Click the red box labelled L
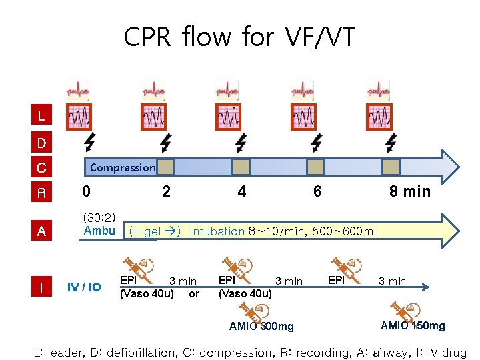click(x=42, y=116)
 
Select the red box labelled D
click(x=42, y=143)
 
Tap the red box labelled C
click(x=42, y=167)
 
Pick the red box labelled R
click(x=42, y=193)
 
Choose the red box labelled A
click(x=42, y=231)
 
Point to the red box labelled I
click(x=42, y=287)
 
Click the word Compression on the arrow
click(x=123, y=167)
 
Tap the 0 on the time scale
click(x=86, y=192)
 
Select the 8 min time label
click(x=410, y=192)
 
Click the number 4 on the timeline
click(x=241, y=192)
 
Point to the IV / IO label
click(x=85, y=287)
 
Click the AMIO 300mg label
click(x=261, y=327)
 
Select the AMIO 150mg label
click(x=413, y=325)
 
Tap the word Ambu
click(x=99, y=231)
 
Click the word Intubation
click(x=217, y=232)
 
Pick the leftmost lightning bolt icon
click(x=89, y=142)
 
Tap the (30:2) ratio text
click(x=99, y=218)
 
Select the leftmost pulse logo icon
click(x=78, y=89)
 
